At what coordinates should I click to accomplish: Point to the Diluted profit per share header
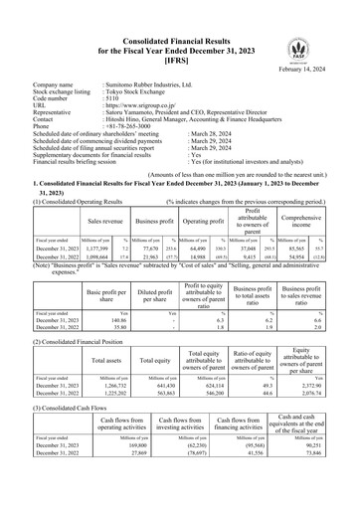coord(149,295)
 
